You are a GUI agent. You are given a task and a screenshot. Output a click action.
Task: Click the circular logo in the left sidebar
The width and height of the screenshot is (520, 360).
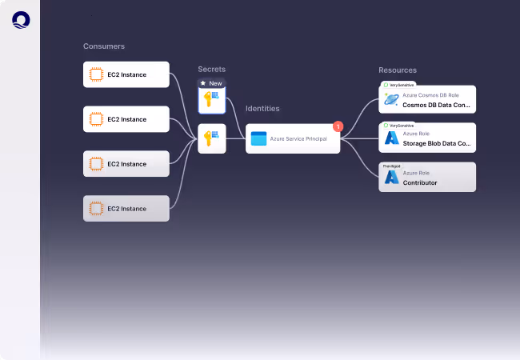click(x=20, y=19)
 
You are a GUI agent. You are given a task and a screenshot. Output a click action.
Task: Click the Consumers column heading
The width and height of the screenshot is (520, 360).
click(x=104, y=46)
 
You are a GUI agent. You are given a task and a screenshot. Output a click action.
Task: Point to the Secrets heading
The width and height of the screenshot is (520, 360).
click(x=212, y=69)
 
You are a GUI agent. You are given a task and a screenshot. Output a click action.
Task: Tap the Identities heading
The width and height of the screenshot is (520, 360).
click(x=262, y=108)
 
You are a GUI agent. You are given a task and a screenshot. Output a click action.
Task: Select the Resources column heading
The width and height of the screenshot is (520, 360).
click(x=398, y=70)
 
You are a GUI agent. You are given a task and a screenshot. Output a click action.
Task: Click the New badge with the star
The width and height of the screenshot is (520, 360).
click(x=212, y=83)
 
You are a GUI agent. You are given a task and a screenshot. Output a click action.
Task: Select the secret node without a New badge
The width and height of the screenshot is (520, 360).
click(x=212, y=138)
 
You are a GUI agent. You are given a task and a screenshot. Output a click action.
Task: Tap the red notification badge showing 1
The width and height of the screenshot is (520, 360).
click(x=338, y=126)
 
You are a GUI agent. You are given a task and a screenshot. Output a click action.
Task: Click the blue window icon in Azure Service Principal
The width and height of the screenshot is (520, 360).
click(x=258, y=138)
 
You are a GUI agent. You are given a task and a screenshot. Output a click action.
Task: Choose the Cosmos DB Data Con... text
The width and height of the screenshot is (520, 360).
click(x=437, y=105)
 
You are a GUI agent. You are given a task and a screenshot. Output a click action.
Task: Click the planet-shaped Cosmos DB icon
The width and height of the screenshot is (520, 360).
click(x=391, y=99)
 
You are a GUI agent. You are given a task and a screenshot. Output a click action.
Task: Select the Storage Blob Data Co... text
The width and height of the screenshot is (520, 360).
click(x=437, y=145)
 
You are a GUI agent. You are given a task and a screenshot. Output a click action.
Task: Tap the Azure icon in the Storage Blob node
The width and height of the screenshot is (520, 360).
click(x=391, y=138)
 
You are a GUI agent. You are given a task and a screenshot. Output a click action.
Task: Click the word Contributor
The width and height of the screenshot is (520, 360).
click(x=420, y=182)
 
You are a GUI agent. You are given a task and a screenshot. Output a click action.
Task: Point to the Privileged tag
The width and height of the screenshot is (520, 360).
click(x=391, y=166)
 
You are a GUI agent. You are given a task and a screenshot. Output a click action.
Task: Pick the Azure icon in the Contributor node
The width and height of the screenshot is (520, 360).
click(x=391, y=178)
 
